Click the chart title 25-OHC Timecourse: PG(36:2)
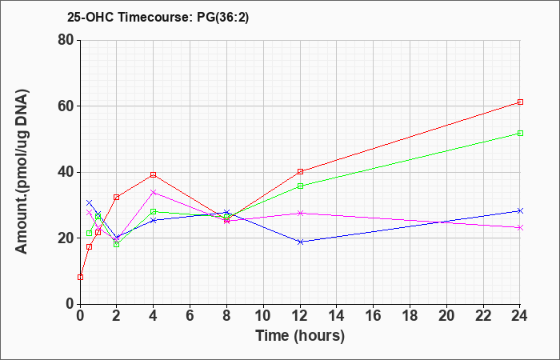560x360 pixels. pos(158,18)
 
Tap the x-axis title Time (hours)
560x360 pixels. pos(300,336)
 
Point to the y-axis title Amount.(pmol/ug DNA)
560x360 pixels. pos(22,172)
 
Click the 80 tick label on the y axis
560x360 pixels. pos(66,40)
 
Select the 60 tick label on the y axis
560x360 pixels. pos(66,106)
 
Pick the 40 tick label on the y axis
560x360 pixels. pos(66,172)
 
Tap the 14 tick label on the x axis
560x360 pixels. pos(337,316)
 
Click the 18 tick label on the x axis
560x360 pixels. pos(410,316)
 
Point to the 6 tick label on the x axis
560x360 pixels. pos(190,316)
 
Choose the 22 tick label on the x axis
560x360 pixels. pos(483,316)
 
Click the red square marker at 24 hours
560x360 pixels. pos(520,102)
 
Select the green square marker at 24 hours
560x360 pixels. pos(520,134)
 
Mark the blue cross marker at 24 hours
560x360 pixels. pos(520,210)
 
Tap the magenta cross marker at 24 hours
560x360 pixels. pos(520,227)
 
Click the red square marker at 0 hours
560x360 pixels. pos(80,277)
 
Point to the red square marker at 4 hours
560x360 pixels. pos(154,174)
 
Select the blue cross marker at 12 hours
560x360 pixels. pos(300,242)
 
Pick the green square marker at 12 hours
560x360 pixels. pos(300,186)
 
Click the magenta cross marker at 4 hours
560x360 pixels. pos(154,192)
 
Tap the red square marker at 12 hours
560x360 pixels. pos(300,171)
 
